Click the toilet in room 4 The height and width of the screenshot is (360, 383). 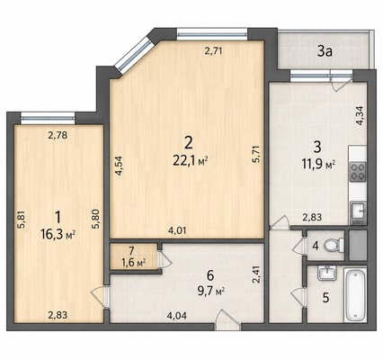coord(334,245)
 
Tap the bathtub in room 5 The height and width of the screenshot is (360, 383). coord(355,294)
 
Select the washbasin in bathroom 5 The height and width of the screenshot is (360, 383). coord(326,274)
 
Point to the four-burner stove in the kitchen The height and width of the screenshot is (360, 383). coord(358,171)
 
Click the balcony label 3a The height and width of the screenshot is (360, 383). coord(325,52)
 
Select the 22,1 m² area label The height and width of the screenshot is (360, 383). coord(191,161)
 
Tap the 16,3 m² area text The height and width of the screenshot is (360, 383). coord(58,234)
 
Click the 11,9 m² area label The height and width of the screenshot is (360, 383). coord(318,164)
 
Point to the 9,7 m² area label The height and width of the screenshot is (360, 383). coord(211,291)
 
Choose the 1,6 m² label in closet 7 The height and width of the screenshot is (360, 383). coord(134,263)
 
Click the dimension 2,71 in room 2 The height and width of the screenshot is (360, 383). coord(213,51)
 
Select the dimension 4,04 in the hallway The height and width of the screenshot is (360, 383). coord(178,316)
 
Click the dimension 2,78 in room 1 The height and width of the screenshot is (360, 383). coord(58,136)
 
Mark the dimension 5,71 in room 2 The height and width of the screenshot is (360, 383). coord(256,154)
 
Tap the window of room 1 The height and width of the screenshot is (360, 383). coord(48,118)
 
